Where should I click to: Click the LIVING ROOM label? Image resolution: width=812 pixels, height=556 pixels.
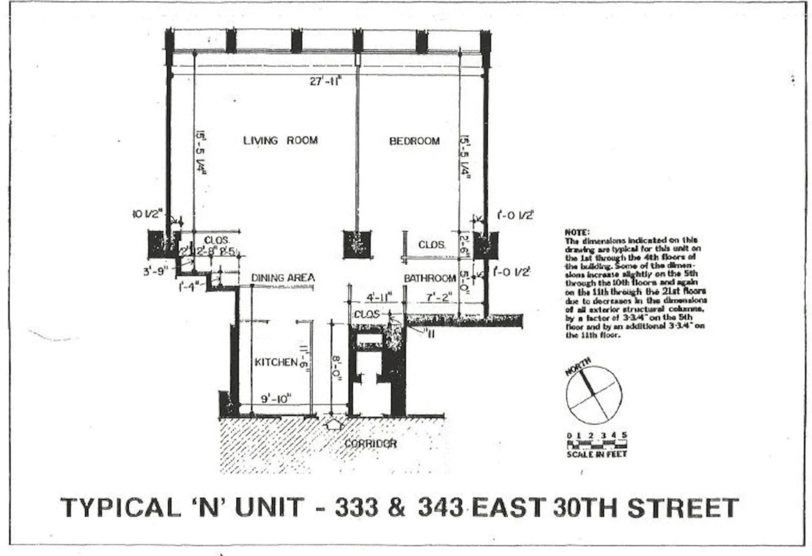point(280,141)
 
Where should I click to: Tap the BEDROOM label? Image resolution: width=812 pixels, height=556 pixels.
point(414,141)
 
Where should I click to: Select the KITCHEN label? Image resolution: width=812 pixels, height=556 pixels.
point(276,362)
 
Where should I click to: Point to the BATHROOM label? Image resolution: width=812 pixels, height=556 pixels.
point(430,278)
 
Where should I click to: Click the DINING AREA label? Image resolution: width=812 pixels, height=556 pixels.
point(283,278)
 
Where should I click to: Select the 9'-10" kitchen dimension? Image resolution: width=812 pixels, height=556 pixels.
point(276,399)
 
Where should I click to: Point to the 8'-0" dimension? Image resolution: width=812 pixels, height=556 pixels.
point(336,368)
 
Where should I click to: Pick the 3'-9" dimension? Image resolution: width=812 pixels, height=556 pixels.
point(156,271)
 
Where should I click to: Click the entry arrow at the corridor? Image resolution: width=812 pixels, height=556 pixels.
point(334,425)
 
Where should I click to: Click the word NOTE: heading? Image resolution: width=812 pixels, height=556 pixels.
point(577,232)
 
